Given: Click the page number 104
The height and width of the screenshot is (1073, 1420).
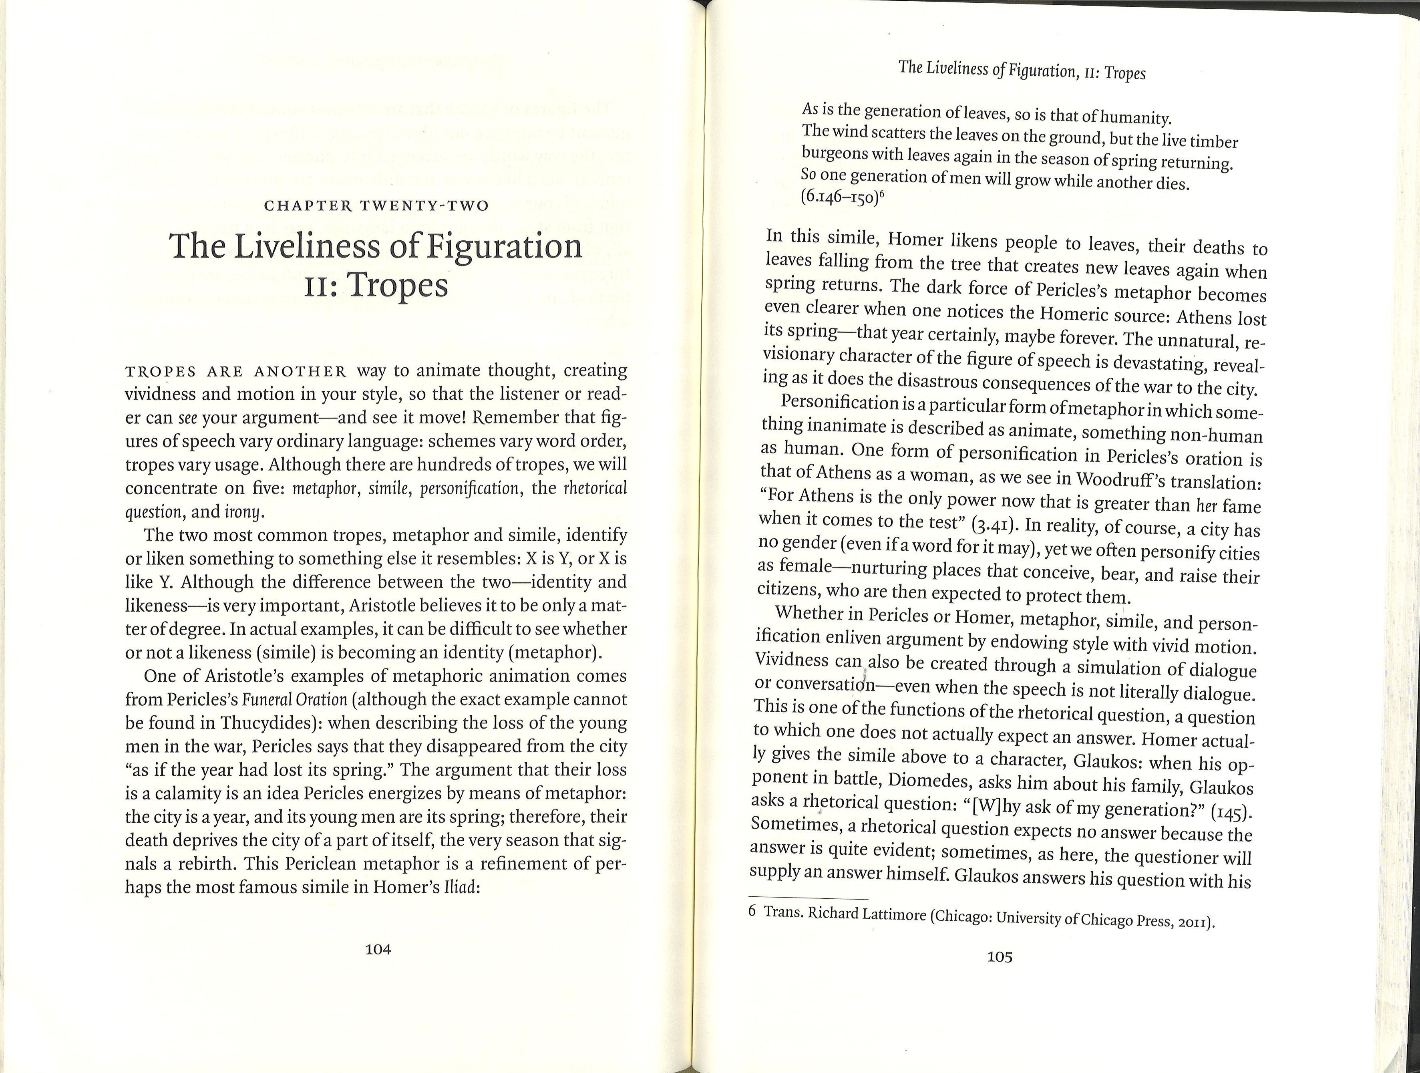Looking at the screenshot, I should [378, 949].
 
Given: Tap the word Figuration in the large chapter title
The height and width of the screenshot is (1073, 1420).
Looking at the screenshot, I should [483, 247].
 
